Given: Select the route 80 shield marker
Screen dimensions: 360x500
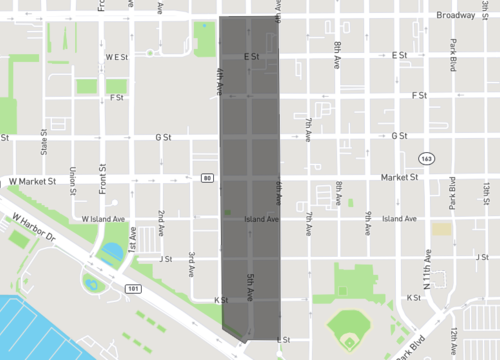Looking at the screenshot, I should tap(206, 178).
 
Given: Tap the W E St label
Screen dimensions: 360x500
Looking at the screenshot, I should tap(116, 57).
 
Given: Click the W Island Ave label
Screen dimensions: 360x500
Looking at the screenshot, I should tap(102, 218).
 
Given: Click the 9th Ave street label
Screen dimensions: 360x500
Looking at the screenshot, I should tap(368, 220).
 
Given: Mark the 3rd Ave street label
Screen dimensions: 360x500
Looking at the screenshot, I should tap(190, 262).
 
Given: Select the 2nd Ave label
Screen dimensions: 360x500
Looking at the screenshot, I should tap(160, 220).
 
